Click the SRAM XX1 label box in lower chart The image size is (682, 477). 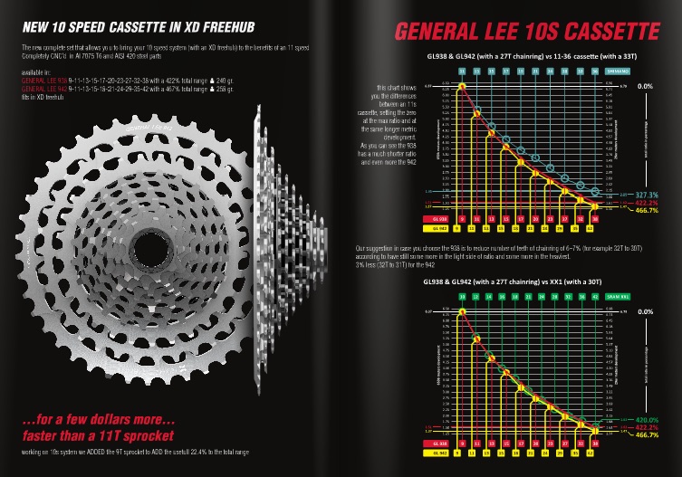619,296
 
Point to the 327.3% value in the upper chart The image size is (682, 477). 645,195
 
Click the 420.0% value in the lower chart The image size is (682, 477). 645,419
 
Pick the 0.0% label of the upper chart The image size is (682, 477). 645,86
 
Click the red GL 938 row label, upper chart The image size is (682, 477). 440,218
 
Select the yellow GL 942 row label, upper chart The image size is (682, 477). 440,228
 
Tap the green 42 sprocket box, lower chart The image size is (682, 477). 594,296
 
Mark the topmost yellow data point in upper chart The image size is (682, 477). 462,86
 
